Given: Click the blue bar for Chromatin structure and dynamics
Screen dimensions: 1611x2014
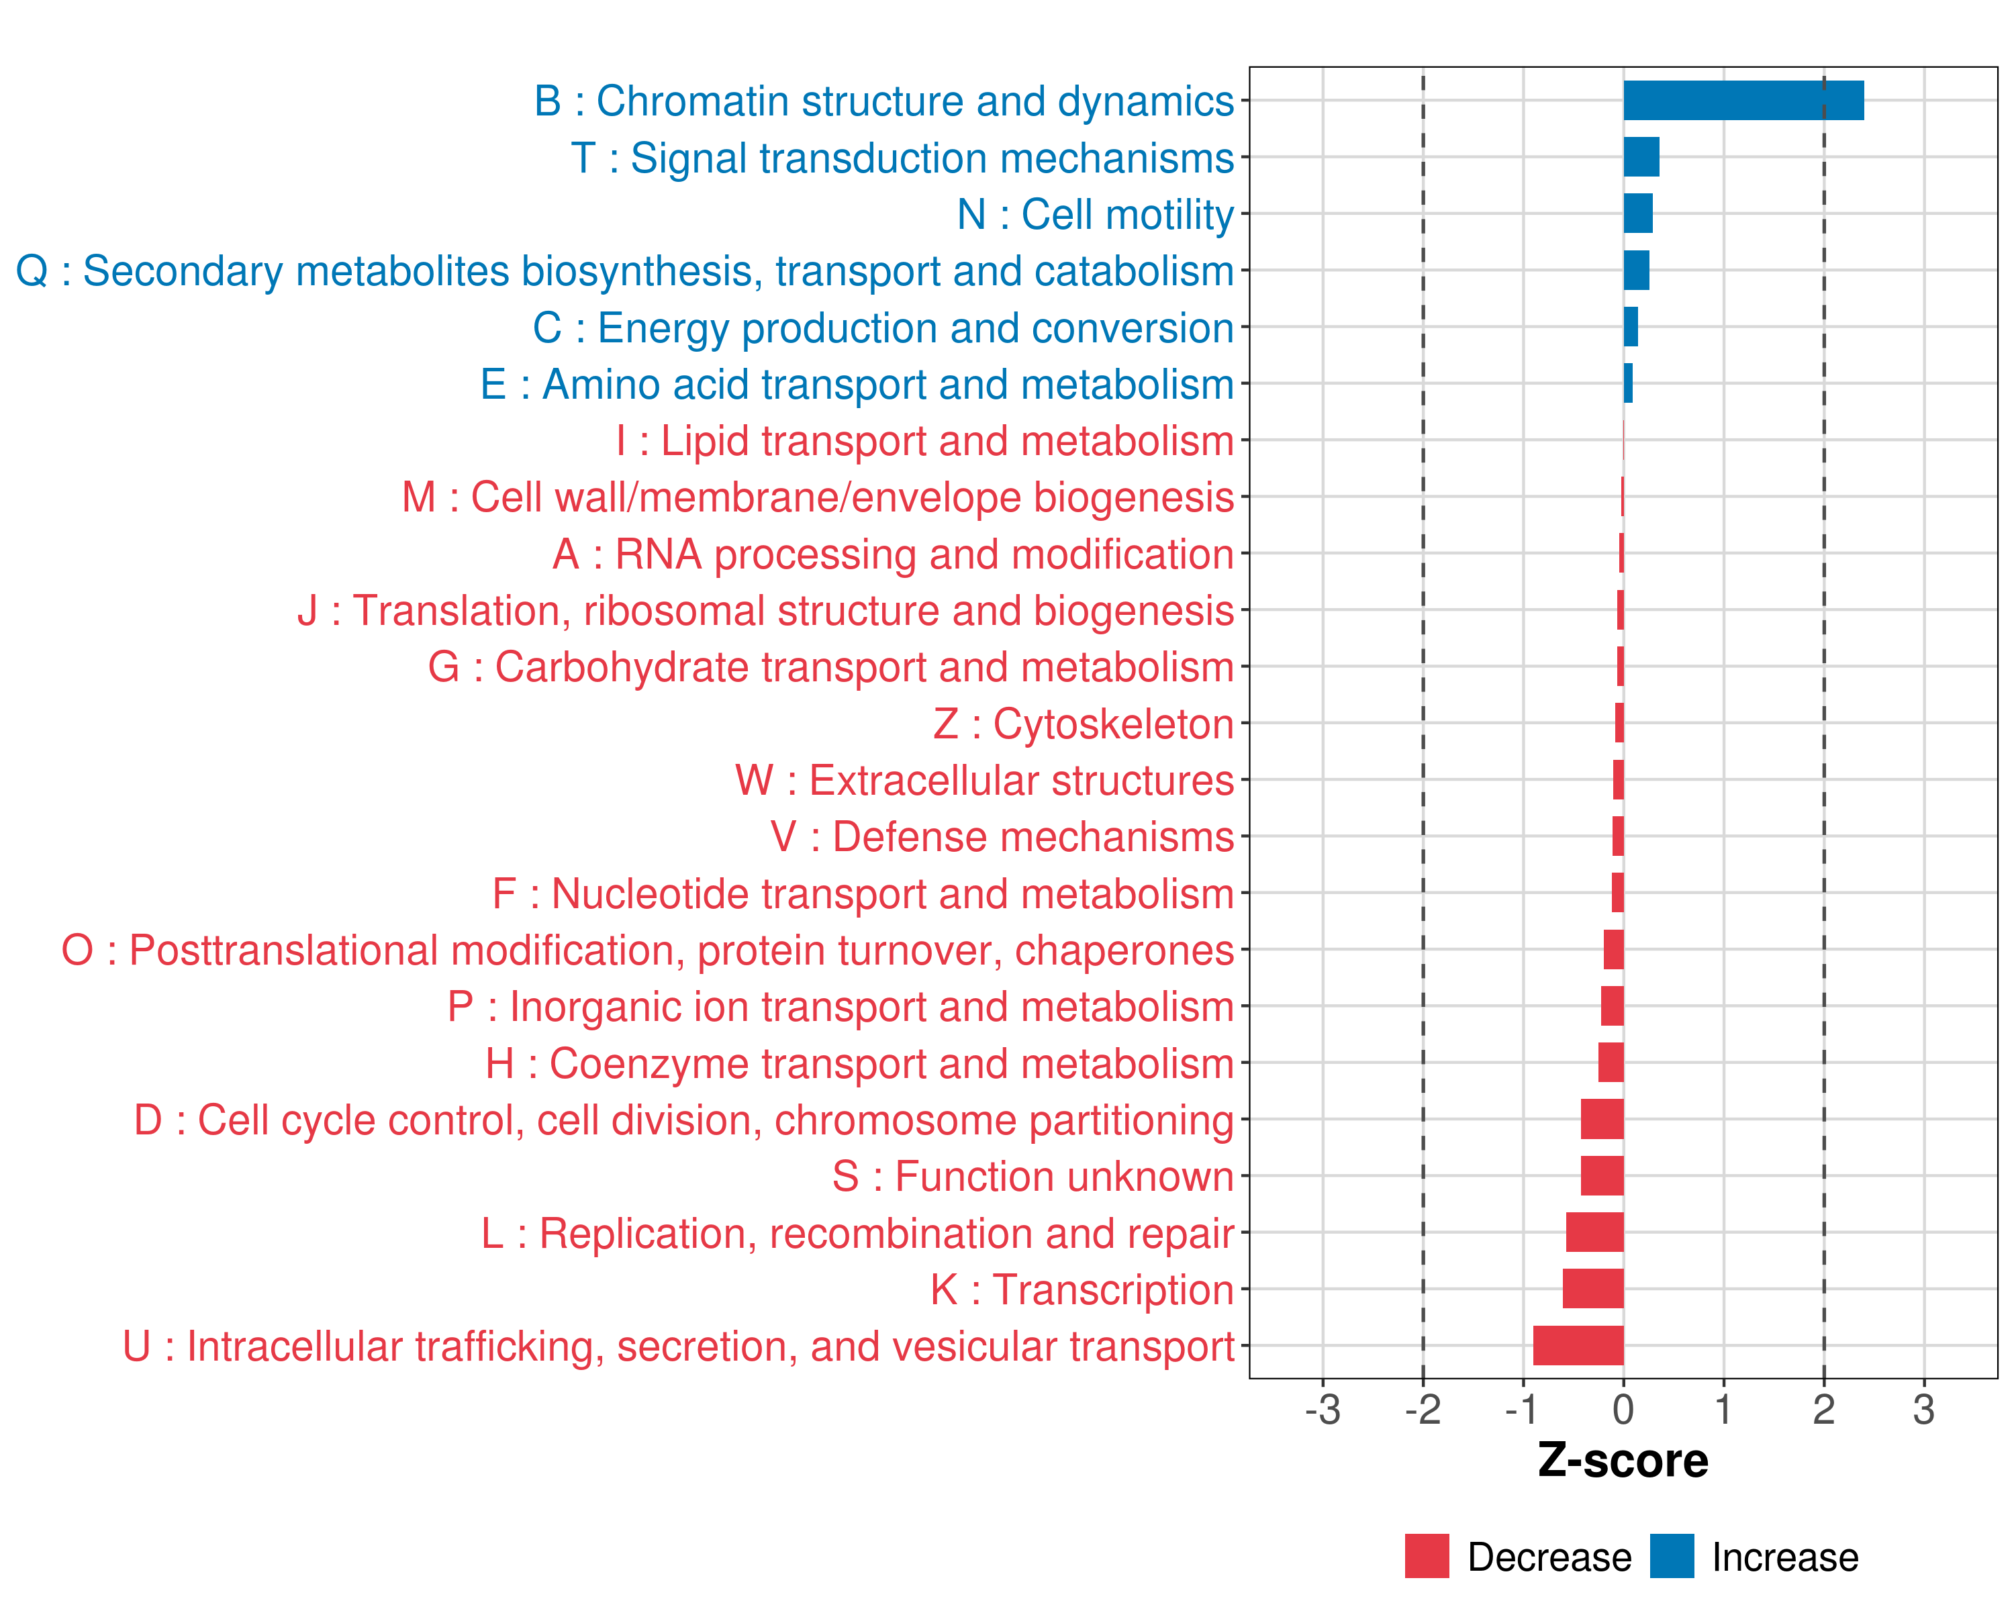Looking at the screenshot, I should (1743, 101).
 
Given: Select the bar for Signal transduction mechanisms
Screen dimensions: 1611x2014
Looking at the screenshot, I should (1641, 157).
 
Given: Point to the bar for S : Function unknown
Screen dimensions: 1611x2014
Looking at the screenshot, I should (1602, 1176).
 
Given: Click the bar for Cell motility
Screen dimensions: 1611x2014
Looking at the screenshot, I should (1637, 214).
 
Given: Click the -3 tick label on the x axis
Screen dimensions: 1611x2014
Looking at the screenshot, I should (1323, 1409).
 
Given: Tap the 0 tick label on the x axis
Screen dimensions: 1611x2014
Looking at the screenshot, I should (1623, 1409).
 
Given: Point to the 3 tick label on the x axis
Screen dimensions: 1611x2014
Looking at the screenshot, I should (1923, 1409).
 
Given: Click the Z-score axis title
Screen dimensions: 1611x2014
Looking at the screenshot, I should (1623, 1461).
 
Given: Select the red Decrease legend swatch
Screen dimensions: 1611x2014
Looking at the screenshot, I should (1427, 1556).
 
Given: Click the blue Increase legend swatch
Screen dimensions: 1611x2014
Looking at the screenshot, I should (1671, 1556).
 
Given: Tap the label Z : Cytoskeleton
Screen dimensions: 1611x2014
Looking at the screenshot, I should (1083, 724).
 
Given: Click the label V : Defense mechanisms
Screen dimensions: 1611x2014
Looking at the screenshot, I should (1002, 837).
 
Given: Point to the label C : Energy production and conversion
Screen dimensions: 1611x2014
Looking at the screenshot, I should (883, 328).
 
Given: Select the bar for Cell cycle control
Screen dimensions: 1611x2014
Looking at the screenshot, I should (1602, 1119).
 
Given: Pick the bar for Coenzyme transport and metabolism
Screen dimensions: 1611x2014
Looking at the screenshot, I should (1611, 1063).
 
